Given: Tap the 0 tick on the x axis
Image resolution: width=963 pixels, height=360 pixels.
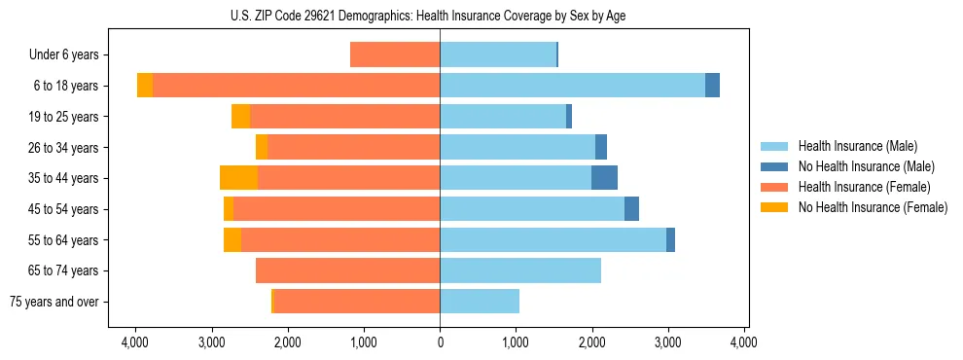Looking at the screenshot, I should (x=440, y=342).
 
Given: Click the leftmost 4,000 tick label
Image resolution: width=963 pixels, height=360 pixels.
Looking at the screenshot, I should (x=135, y=342).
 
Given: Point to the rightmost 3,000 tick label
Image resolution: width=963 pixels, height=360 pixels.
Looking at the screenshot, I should (x=668, y=342).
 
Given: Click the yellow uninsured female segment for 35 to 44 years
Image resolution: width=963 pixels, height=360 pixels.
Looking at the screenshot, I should (x=239, y=178).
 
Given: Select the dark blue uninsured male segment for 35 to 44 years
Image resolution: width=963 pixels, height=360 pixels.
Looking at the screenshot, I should (x=604, y=178).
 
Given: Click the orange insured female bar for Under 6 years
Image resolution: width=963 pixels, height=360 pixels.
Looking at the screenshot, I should (x=395, y=55).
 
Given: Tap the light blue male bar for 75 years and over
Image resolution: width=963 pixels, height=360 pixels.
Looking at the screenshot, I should (x=480, y=302).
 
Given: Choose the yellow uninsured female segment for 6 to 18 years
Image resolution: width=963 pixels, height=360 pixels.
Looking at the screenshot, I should (x=145, y=86).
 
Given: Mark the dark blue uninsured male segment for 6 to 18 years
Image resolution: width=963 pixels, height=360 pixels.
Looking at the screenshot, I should (x=712, y=86).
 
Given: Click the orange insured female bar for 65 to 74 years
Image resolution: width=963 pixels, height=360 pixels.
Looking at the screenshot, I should (x=347, y=270).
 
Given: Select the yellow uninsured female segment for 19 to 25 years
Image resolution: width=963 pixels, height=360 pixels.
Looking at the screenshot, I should (x=240, y=117).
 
